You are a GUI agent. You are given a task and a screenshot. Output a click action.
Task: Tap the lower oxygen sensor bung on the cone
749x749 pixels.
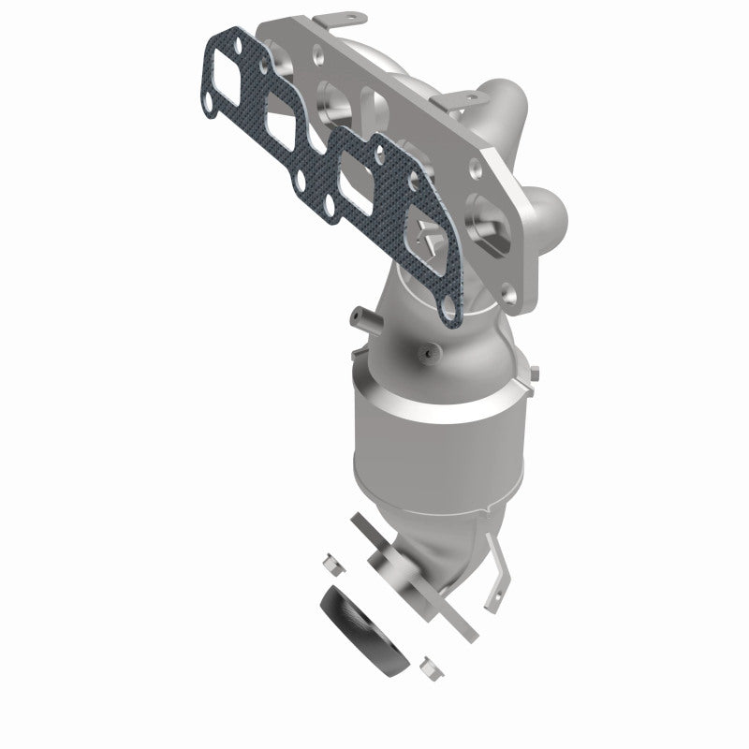429,355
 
